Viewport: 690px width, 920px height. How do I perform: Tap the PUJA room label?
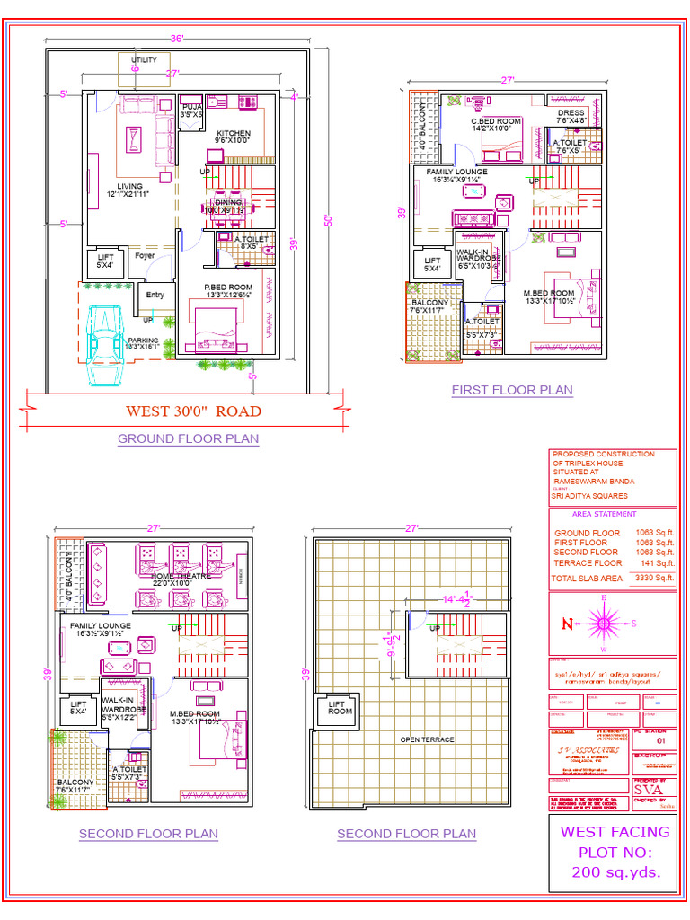(191, 106)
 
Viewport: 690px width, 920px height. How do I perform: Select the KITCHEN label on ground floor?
(233, 133)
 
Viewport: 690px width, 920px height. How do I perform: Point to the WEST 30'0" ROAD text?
(193, 411)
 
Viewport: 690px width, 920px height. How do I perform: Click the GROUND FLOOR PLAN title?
(188, 438)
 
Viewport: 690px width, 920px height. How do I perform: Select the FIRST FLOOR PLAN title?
(511, 390)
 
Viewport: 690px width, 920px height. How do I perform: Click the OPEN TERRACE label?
(427, 739)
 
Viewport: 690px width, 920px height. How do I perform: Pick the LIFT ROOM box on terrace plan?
(340, 708)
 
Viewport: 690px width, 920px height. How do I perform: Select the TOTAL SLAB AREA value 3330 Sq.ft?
(653, 579)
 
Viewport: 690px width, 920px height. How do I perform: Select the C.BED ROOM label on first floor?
(496, 121)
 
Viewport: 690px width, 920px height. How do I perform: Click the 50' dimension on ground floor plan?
(329, 220)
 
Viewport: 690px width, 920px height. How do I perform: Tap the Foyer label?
(145, 256)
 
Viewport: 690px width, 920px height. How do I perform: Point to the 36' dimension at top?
(177, 39)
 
